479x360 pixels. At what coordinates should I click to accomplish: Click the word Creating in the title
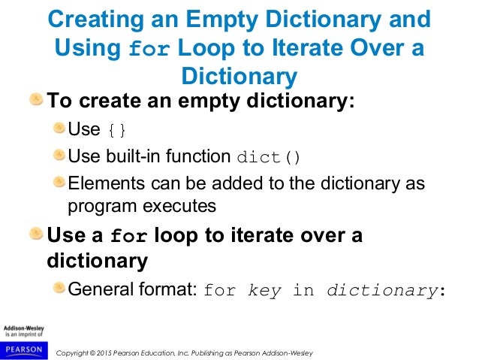coord(93,20)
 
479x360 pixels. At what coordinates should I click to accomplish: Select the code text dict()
coord(268,158)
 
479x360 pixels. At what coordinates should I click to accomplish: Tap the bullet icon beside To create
coord(36,100)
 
